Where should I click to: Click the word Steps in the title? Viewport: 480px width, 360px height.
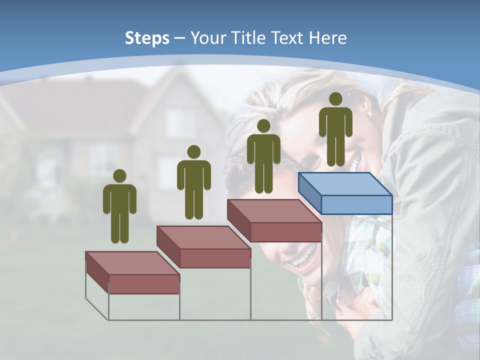coord(147,38)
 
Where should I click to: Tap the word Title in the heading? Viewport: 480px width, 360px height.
coord(250,38)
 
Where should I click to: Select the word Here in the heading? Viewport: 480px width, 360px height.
coord(328,38)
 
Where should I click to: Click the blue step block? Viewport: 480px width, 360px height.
coord(345,192)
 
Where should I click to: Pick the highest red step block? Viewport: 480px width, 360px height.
coord(274,220)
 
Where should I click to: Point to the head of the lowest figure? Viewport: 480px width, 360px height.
coord(119,176)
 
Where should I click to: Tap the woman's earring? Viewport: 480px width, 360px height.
coord(370,115)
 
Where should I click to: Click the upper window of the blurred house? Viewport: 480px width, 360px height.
coord(179,123)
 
